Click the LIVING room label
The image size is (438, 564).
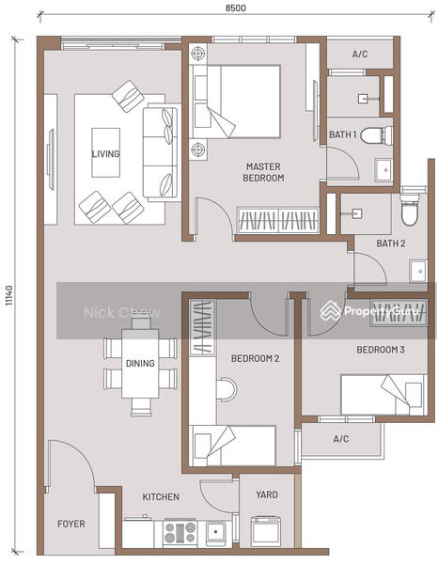(x=105, y=153)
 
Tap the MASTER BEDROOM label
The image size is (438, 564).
(x=263, y=172)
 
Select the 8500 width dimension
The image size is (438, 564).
(x=236, y=8)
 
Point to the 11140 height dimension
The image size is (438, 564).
(x=9, y=296)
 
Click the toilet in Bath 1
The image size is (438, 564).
(x=377, y=135)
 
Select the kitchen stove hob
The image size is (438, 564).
(x=180, y=532)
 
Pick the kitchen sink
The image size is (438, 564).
(x=216, y=532)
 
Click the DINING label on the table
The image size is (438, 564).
(x=140, y=363)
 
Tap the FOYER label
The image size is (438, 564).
(x=71, y=524)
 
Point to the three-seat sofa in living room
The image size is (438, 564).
(x=161, y=152)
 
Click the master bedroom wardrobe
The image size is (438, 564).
(x=277, y=220)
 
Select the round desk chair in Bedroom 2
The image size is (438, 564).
(x=227, y=389)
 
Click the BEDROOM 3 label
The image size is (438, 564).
(x=381, y=350)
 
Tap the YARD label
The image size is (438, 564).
(x=267, y=494)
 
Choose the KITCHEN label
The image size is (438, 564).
(x=161, y=496)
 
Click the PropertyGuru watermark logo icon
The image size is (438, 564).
(x=331, y=311)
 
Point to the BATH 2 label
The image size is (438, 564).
(x=391, y=243)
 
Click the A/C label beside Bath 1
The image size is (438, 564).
(x=360, y=54)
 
